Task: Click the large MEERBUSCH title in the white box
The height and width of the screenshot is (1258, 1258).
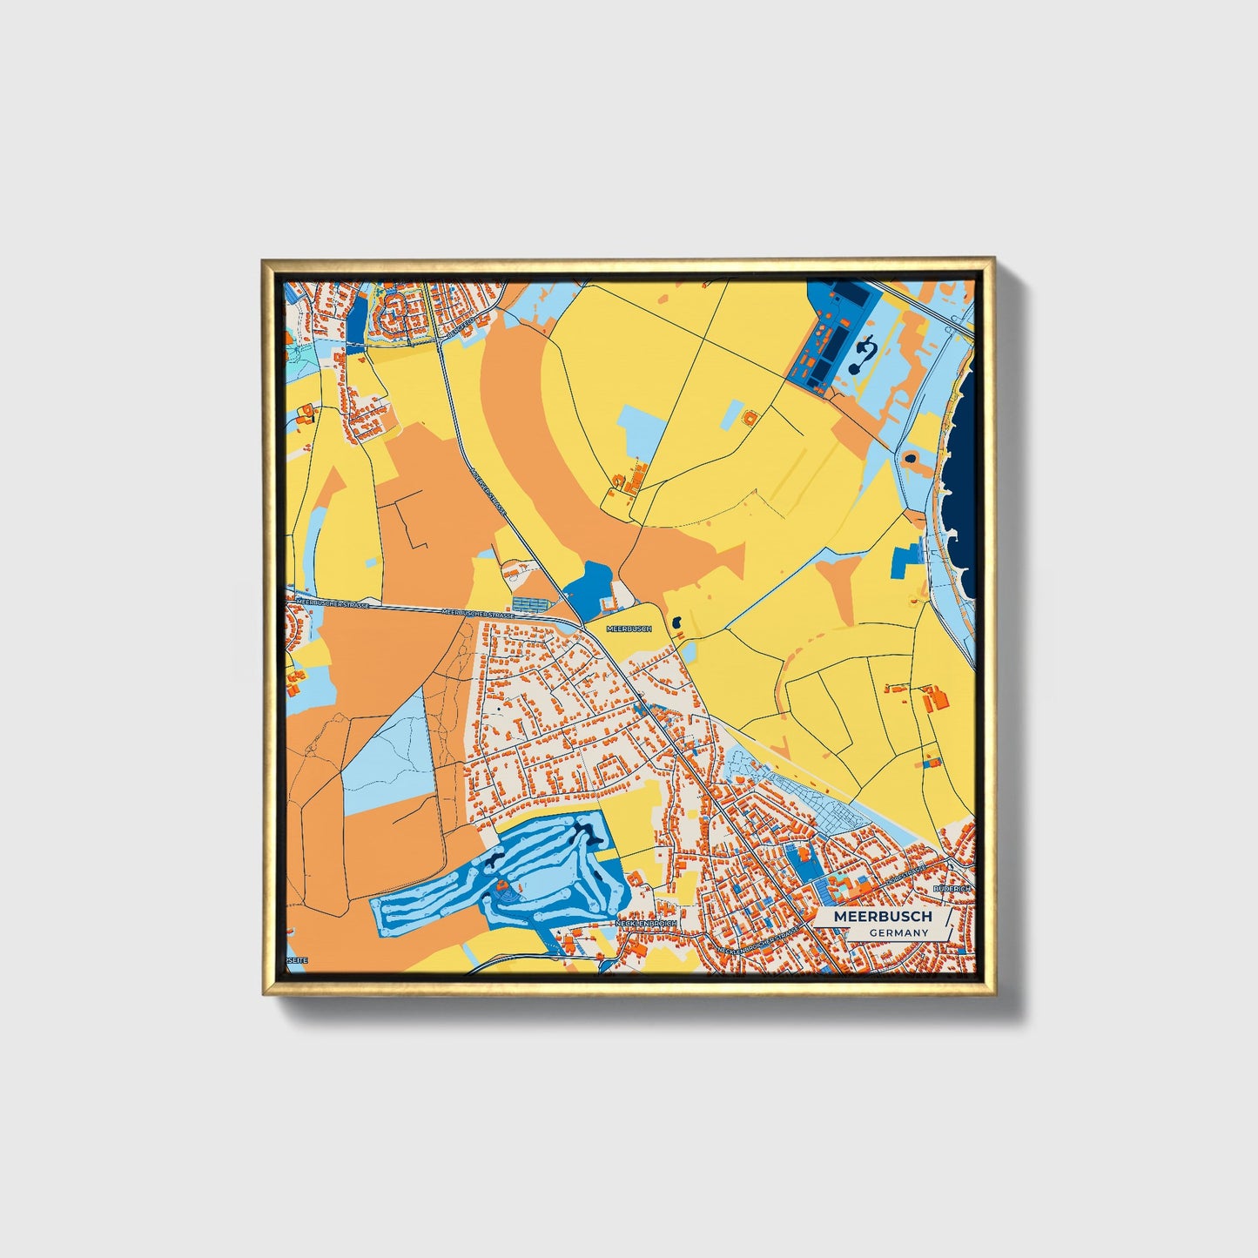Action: (882, 917)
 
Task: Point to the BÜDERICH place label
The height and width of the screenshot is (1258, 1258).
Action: (951, 888)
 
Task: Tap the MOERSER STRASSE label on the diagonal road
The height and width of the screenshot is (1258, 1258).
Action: (488, 489)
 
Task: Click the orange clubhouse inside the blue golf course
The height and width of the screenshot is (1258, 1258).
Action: (502, 888)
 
